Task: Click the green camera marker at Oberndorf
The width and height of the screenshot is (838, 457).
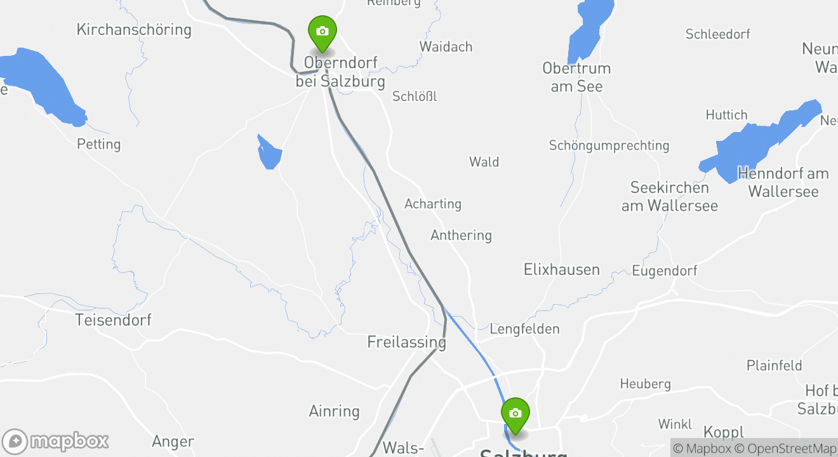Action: point(322,32)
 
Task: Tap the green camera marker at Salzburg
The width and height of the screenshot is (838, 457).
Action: point(515,414)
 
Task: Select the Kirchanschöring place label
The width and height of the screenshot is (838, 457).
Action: point(133,30)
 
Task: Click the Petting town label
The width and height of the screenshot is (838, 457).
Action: point(98,144)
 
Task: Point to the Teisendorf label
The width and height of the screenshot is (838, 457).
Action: point(113,320)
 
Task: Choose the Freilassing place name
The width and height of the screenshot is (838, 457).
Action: point(406,342)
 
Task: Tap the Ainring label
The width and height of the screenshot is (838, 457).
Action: point(334,411)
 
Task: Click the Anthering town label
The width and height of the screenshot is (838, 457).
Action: point(461,235)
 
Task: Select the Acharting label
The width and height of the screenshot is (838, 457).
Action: point(433,204)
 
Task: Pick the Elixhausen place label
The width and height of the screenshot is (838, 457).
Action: point(561,270)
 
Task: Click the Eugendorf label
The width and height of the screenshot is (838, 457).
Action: point(665,271)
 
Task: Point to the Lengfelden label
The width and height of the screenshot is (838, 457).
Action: point(524,329)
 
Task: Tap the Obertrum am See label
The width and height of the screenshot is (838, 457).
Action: point(576,77)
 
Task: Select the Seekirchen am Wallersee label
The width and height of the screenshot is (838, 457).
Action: point(670,197)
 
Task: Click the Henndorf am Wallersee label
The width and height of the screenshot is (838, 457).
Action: point(783,182)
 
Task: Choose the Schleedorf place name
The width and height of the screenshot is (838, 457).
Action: point(717,34)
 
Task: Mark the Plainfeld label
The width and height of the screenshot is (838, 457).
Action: point(774,366)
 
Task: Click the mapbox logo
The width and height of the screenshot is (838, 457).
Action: point(56,441)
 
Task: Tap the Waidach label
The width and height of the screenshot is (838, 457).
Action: point(446,47)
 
